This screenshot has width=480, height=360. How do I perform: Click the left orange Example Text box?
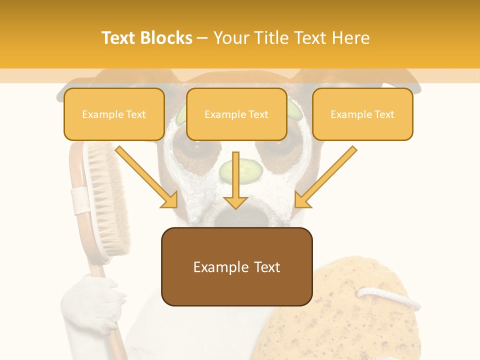[x=114, y=114]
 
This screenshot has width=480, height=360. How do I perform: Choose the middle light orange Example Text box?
[x=236, y=114]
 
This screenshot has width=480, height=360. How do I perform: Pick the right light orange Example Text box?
[x=362, y=114]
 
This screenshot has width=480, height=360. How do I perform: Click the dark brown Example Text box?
[x=236, y=266]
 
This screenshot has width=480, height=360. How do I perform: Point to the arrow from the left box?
[x=147, y=177]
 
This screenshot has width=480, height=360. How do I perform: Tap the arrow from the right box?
[x=325, y=177]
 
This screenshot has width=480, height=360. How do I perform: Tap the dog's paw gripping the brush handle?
[x=95, y=297]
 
